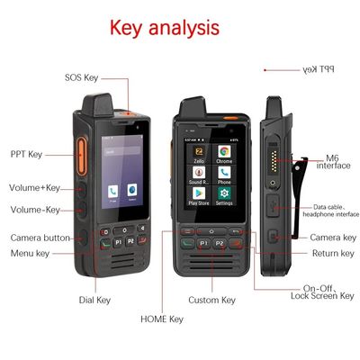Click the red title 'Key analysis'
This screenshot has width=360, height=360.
pos(164,27)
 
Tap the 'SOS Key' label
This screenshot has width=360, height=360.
pos(82,78)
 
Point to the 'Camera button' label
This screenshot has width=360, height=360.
pos(40,238)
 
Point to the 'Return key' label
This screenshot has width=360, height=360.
pos(332,254)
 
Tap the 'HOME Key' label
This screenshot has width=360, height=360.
pos(162,319)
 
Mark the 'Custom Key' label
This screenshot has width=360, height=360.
pos(211,300)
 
